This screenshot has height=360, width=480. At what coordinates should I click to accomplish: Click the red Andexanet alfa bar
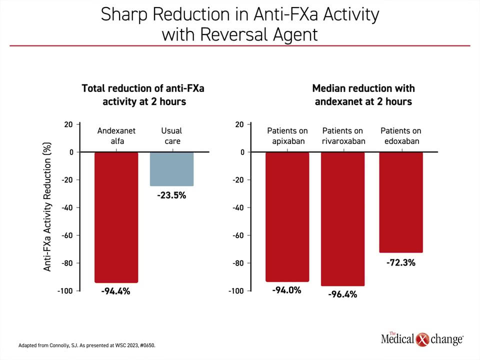[x=116, y=217]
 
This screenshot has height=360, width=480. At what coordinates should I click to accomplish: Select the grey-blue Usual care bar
[x=171, y=169]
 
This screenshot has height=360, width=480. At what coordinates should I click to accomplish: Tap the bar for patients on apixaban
[x=287, y=217]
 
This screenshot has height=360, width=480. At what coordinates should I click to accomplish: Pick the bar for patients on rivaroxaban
[x=343, y=219]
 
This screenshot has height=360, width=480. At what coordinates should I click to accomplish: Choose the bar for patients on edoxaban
[x=401, y=202]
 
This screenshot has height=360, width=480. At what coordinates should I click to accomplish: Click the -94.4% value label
[x=115, y=291]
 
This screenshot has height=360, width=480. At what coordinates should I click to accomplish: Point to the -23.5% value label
[x=171, y=195]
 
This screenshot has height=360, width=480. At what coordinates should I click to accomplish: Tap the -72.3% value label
[x=401, y=262]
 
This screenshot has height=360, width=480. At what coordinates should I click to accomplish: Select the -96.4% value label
[x=342, y=294]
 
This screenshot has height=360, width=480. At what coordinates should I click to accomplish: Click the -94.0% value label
[x=287, y=290]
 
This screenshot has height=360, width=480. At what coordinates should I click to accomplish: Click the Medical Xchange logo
[x=422, y=339]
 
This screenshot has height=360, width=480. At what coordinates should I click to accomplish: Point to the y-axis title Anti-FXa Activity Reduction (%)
[x=47, y=206]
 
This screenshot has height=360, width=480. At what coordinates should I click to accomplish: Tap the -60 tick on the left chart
[x=67, y=235]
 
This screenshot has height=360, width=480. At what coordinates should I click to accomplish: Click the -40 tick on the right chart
[x=238, y=207]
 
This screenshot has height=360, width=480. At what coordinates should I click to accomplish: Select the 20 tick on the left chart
[x=68, y=124]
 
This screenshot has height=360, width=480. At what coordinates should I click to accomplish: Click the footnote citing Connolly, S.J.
[x=87, y=345]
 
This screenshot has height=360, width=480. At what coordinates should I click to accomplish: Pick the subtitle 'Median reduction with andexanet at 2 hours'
[x=363, y=95]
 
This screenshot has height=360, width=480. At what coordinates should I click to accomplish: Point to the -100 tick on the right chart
[x=236, y=291]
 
